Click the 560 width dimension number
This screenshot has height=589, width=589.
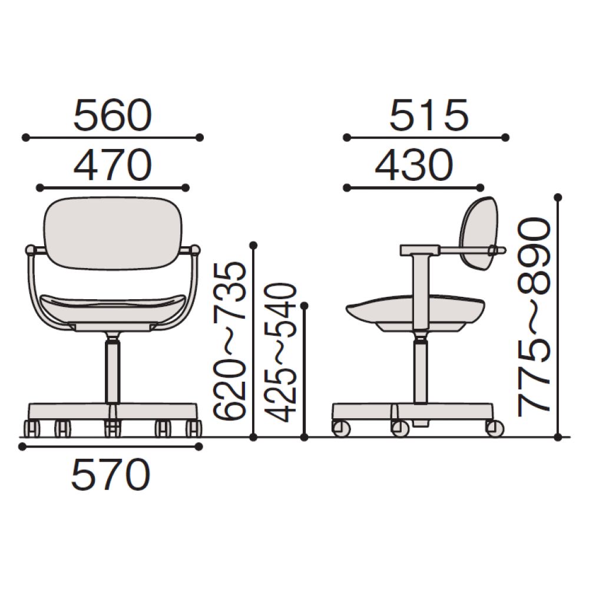[x=112, y=115]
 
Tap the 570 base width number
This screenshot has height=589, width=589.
[x=111, y=474]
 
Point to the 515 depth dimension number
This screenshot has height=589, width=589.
[x=429, y=115]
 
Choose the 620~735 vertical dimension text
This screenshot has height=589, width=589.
[x=230, y=340]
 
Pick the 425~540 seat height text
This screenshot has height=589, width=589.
[x=280, y=352]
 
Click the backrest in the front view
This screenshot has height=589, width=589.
[x=113, y=233]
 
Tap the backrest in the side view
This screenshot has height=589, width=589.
[x=479, y=233]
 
